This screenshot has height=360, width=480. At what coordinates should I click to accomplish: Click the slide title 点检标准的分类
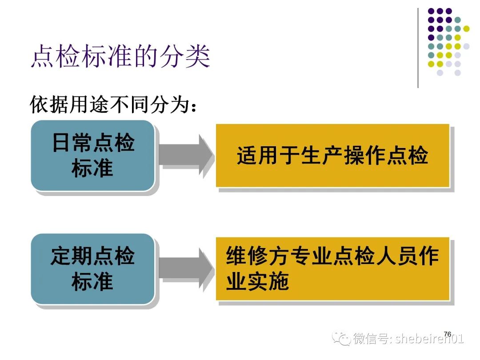(120, 56)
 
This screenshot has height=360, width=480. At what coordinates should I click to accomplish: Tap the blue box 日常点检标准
(92, 156)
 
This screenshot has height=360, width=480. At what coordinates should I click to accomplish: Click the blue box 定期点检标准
(92, 269)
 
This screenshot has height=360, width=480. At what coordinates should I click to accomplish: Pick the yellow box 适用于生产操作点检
(333, 156)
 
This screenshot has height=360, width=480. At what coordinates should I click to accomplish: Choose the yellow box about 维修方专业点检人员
(333, 268)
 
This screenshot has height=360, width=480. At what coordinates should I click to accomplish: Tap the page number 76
(447, 334)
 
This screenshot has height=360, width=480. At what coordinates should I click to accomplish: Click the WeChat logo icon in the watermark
(341, 338)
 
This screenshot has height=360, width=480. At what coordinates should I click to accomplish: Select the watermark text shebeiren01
(429, 339)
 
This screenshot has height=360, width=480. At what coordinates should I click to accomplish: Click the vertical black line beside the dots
(418, 48)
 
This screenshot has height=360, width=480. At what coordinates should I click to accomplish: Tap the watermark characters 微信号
(371, 339)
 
